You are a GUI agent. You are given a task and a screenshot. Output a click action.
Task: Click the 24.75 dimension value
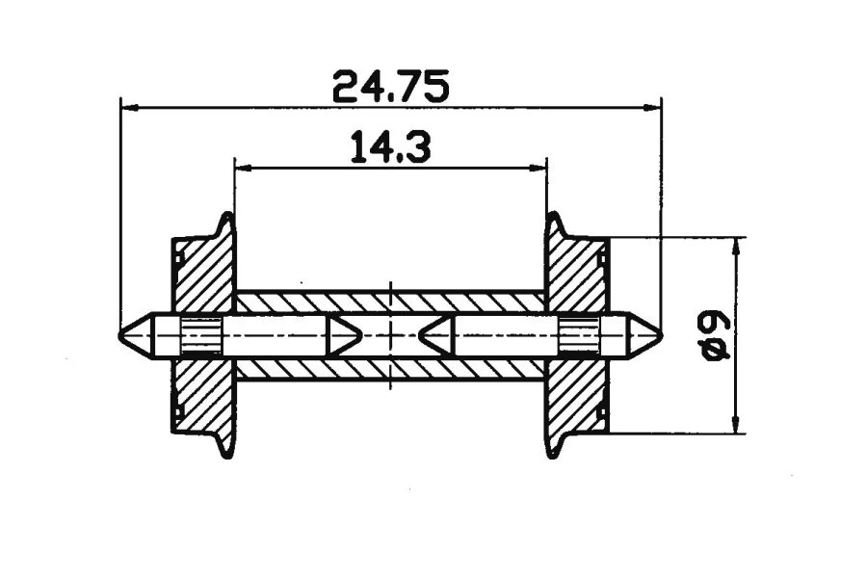pyautogui.click(x=390, y=87)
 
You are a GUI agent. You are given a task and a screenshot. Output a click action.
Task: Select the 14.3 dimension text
pyautogui.click(x=391, y=147)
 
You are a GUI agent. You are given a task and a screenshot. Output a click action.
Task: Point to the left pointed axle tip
pyautogui.click(x=120, y=335)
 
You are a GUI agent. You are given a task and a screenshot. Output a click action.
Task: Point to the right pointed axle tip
pyautogui.click(x=661, y=335)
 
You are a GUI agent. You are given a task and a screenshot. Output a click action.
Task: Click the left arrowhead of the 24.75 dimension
pyautogui.click(x=129, y=108)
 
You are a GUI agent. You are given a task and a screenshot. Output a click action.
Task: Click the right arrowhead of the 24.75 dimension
pyautogui.click(x=652, y=108)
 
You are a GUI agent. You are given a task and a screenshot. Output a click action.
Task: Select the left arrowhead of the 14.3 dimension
pyautogui.click(x=244, y=167)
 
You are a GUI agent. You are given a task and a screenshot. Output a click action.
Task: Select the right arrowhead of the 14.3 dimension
pyautogui.click(x=538, y=167)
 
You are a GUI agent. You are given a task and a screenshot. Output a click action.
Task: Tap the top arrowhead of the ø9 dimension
pyautogui.click(x=735, y=247)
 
